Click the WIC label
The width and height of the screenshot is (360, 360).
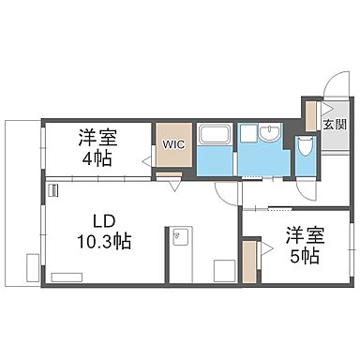[173, 144]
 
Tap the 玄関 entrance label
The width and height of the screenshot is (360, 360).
[334, 124]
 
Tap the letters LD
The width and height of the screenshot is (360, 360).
[102, 221]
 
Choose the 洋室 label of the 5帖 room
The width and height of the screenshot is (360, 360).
[299, 234]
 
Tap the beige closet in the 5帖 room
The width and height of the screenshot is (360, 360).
[249, 262]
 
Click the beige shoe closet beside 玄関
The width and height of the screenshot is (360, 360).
[311, 115]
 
